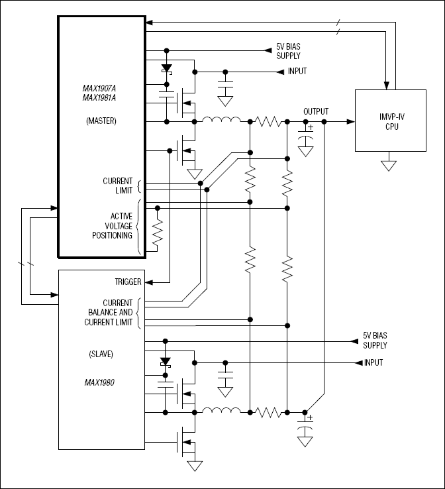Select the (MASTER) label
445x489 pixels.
[101, 121]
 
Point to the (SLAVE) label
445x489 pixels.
[101, 354]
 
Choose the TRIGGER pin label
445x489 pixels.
[128, 282]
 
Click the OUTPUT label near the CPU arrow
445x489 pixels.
[315, 111]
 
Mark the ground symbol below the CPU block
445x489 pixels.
[388, 164]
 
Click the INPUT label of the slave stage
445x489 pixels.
[373, 362]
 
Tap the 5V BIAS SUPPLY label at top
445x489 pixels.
[288, 52]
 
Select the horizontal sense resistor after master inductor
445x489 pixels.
[269, 122]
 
